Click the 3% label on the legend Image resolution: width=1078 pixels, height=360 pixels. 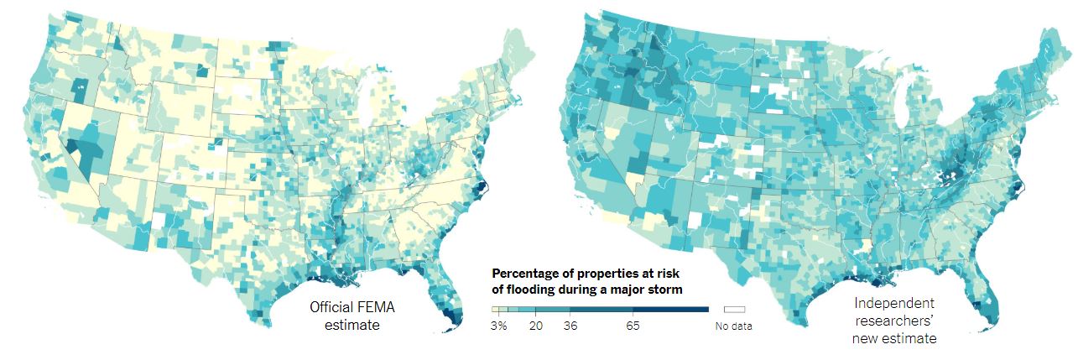tap(498, 326)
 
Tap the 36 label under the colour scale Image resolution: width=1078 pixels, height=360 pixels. tap(570, 326)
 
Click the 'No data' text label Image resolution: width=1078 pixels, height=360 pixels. tap(734, 326)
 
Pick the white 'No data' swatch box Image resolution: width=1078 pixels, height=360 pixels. tap(734, 310)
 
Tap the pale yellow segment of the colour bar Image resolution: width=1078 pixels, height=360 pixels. tap(496, 310)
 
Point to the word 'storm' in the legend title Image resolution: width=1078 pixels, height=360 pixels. tap(664, 289)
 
